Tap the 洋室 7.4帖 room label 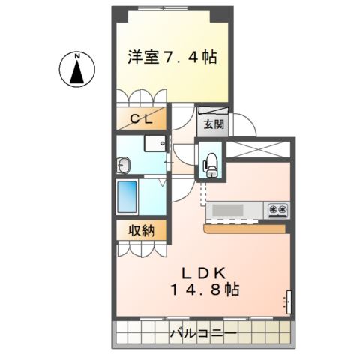[172, 55]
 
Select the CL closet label [143, 119]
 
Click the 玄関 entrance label [209, 124]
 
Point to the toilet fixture [211, 163]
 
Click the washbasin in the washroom [124, 165]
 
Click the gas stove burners [277, 209]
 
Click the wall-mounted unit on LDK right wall [286, 301]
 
